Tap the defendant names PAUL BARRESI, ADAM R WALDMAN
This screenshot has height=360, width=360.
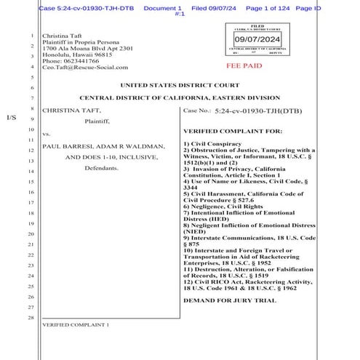click(104, 145)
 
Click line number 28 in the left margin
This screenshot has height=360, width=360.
click(31, 318)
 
